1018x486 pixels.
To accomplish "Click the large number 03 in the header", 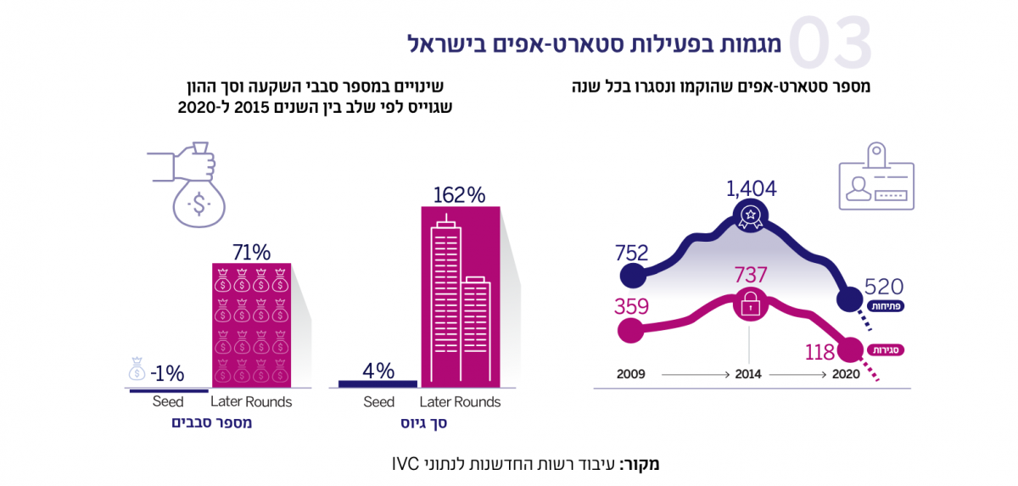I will tap(831, 42).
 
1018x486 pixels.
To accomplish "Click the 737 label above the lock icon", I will tap(750, 275).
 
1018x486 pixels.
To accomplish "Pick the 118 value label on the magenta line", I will tap(819, 352).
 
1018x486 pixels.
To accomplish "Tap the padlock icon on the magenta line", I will tap(750, 304).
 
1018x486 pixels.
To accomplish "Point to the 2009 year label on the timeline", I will tap(631, 373).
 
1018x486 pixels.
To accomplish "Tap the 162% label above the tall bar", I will tap(459, 194).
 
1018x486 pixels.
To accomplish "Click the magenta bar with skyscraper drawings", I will tap(460, 297).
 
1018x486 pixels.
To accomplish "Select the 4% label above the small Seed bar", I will tap(378, 370).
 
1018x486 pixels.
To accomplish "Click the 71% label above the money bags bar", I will tap(251, 251).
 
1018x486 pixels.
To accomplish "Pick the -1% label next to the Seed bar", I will tap(167, 373).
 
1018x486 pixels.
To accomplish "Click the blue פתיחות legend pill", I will tap(885, 306).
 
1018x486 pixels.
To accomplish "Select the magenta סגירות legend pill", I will tap(885, 349).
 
